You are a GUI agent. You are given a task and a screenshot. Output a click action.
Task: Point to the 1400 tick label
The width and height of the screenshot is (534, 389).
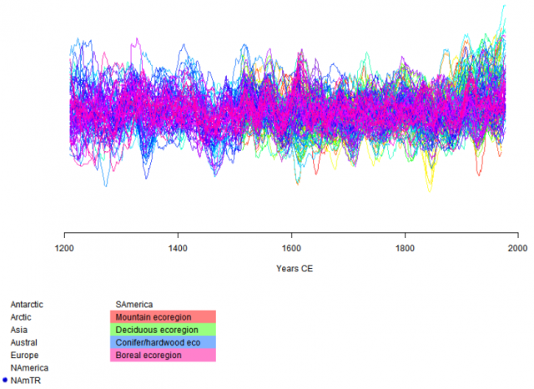coord(177,248)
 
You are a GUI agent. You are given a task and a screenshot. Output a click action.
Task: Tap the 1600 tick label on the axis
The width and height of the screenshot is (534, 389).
coord(291,248)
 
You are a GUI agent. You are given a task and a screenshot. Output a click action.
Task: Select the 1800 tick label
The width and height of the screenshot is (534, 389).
coord(405,248)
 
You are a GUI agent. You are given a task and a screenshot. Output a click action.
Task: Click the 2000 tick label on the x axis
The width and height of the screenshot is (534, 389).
coord(517,248)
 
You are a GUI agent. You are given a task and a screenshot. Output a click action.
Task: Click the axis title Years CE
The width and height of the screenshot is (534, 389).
coord(295,269)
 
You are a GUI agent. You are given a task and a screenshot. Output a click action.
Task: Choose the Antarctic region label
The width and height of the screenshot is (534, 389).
coord(27,305)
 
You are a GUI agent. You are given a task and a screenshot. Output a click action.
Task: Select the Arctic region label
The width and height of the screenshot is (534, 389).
coord(22,317)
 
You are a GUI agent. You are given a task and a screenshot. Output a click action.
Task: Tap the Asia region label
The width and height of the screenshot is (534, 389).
coord(19,330)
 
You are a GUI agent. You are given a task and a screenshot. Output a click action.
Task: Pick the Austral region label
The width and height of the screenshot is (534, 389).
coord(23,342)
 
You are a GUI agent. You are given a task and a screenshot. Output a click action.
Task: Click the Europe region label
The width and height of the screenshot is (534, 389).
coord(24,355)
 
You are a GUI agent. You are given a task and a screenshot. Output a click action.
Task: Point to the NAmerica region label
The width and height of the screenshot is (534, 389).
coord(29,367)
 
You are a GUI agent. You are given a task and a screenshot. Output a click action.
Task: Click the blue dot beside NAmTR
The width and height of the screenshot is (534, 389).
coord(5,381)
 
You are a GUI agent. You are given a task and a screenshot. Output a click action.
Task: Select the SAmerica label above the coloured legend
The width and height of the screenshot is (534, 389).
coord(134,305)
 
